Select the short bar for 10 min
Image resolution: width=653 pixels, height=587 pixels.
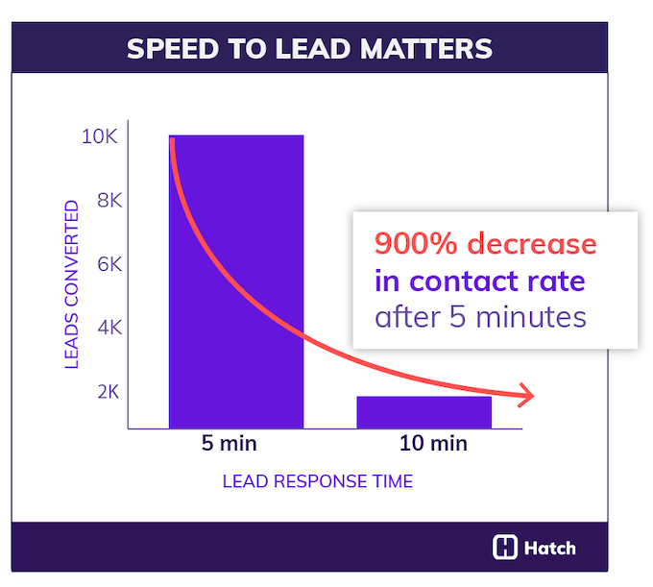click(423, 411)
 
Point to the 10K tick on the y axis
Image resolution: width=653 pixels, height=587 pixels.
click(99, 137)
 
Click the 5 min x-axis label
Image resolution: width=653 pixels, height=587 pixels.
click(230, 444)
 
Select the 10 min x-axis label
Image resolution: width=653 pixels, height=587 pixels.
click(432, 444)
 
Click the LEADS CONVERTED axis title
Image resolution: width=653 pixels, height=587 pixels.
click(71, 285)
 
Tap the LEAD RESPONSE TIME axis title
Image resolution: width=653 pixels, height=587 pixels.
click(318, 481)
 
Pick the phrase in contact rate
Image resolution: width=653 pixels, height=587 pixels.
click(479, 281)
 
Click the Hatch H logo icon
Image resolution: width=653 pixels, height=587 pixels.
click(505, 548)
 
